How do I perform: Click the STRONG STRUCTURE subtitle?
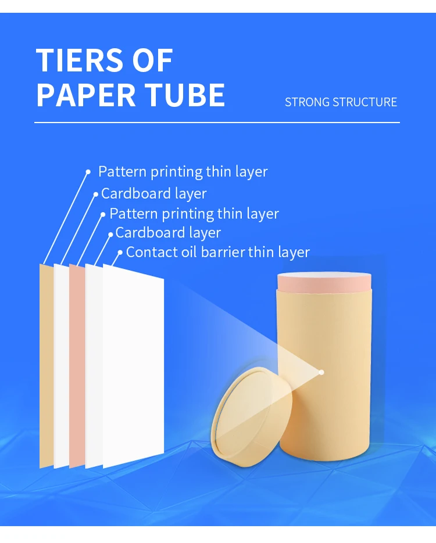coord(341,102)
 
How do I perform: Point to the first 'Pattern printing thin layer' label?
coord(183,172)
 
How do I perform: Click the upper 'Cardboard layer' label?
coord(153,193)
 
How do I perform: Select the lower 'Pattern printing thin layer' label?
coord(194,214)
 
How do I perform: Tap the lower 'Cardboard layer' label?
coord(168,233)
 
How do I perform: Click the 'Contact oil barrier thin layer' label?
coord(217,252)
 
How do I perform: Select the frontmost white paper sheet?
coord(134,372)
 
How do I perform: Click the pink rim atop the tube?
coord(323,283)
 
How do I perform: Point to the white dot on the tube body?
coord(321,372)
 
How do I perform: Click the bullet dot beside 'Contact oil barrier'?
coord(120,253)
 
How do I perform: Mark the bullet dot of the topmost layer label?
coord(88,172)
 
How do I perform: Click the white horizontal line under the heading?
coord(217,123)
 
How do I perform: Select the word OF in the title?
coord(153,60)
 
